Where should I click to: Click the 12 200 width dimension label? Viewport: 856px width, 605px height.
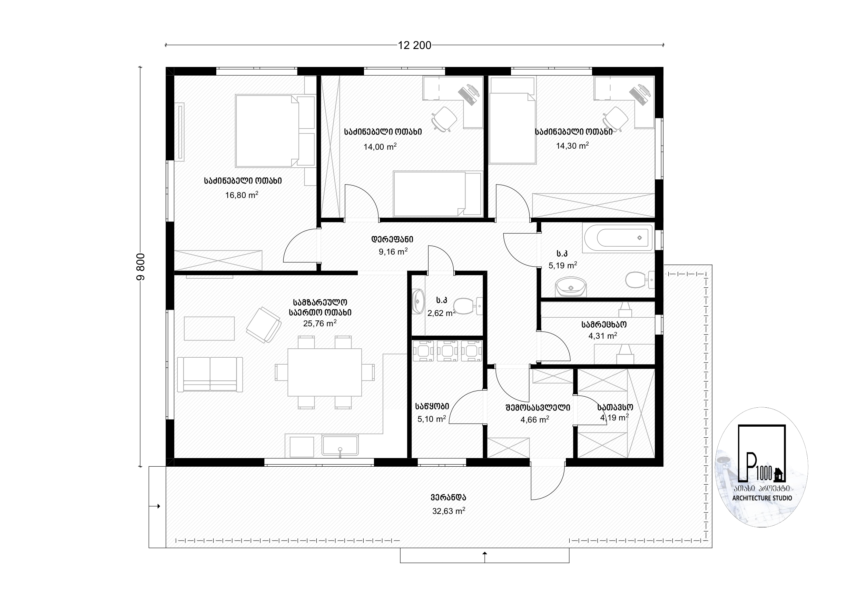pos(414,46)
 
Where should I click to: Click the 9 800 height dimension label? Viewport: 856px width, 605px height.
pos(140,267)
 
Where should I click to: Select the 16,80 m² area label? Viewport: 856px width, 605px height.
pos(242,195)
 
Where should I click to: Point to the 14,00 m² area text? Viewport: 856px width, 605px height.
pos(380,147)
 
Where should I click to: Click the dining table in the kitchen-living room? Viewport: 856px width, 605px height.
pos(324,372)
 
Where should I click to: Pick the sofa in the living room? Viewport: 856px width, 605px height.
pos(210,374)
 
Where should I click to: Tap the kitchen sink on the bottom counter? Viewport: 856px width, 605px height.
pos(340,445)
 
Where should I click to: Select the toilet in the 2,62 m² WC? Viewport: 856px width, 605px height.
pos(468,306)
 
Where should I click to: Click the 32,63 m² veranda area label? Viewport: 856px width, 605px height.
pos(449,511)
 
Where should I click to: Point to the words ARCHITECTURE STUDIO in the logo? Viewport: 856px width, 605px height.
pos(762,498)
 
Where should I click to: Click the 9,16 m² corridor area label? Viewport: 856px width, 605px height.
pos(393,251)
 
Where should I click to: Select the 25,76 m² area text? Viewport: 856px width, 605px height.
pos(319,323)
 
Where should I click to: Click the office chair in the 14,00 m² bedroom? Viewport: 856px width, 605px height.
pos(444,119)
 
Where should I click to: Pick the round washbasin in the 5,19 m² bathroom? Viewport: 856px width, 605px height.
pos(571,287)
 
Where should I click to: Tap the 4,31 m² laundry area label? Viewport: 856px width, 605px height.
pos(602,336)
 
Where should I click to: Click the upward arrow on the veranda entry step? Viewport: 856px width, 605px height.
pos(485,557)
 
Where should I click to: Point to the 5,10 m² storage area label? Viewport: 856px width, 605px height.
pos(431,419)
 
